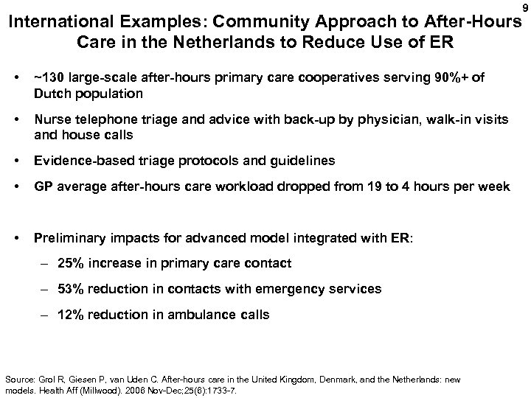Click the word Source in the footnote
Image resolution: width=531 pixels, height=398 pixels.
(18, 379)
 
